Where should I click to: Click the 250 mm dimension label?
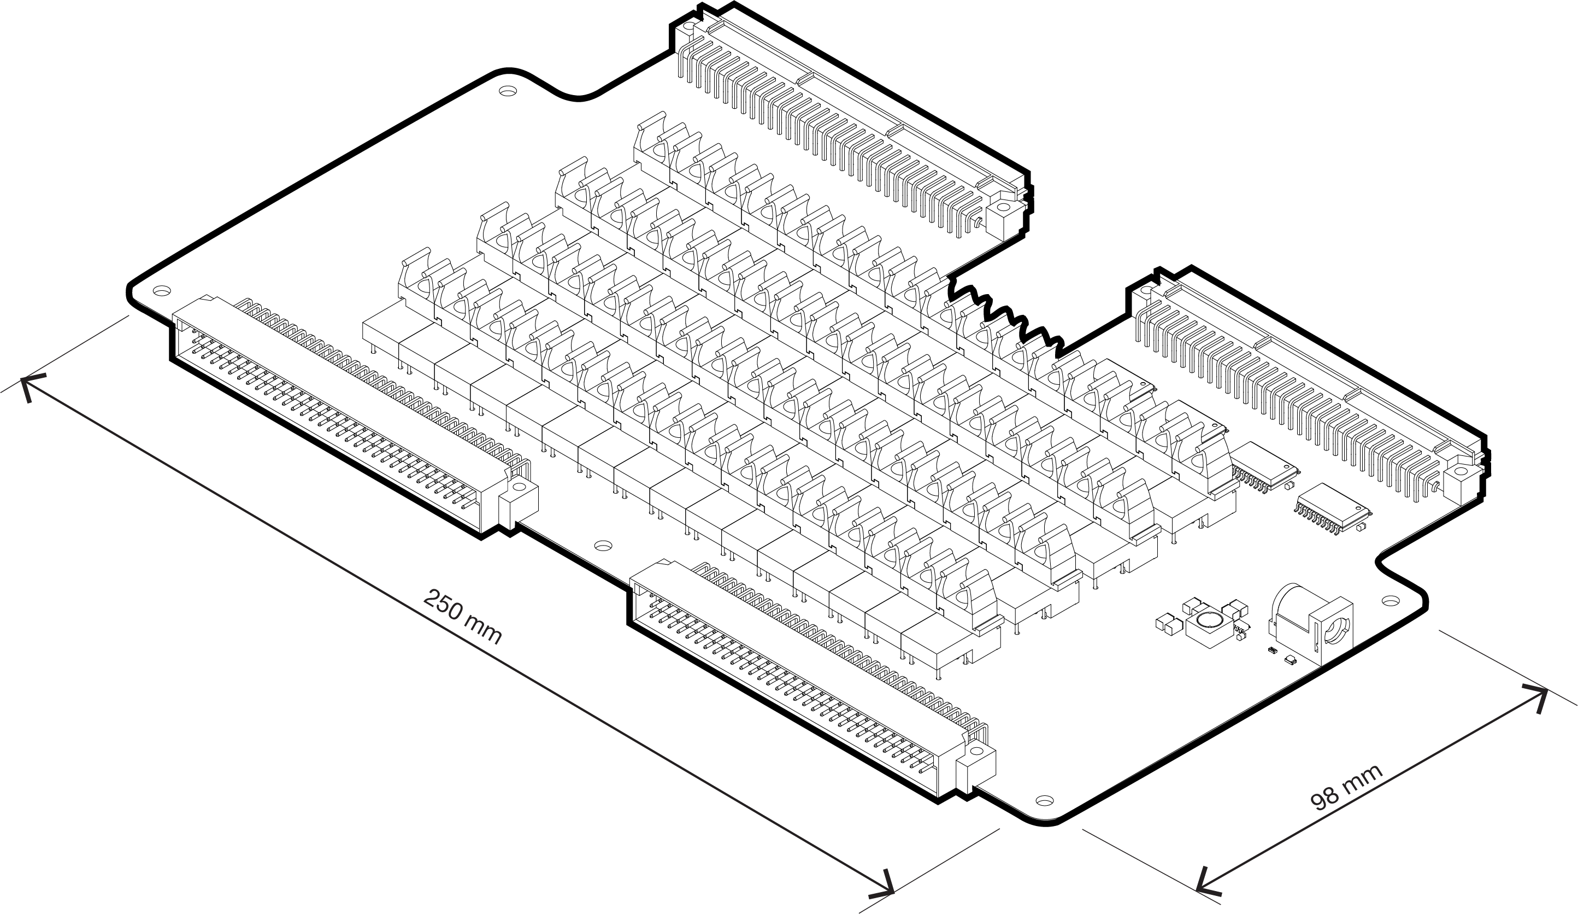[x=463, y=617]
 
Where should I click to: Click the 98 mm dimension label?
[x=1346, y=789]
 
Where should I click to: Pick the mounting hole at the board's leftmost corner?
[x=162, y=291]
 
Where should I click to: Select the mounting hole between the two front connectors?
[x=602, y=546]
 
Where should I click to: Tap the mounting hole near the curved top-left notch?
[x=508, y=91]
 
